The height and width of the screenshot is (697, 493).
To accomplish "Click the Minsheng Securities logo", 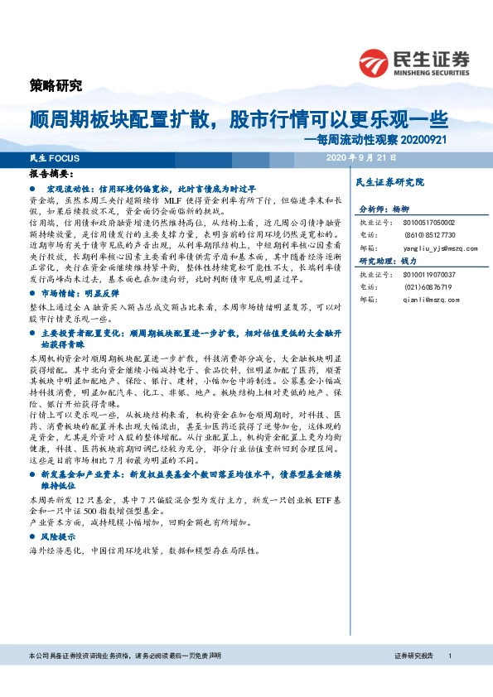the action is coord(414,60).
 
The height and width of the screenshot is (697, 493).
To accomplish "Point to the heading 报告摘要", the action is coord(50,175).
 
